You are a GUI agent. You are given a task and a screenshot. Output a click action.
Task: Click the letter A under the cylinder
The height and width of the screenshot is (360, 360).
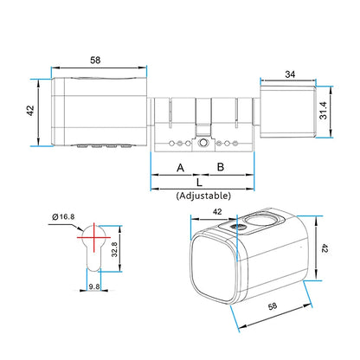(180, 166)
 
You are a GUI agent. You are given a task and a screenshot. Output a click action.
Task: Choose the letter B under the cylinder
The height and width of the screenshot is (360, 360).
(221, 166)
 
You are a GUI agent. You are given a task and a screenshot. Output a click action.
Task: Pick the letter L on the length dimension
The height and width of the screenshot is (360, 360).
(200, 183)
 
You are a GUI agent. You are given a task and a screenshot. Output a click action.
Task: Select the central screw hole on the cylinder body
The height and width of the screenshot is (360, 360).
(201, 141)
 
